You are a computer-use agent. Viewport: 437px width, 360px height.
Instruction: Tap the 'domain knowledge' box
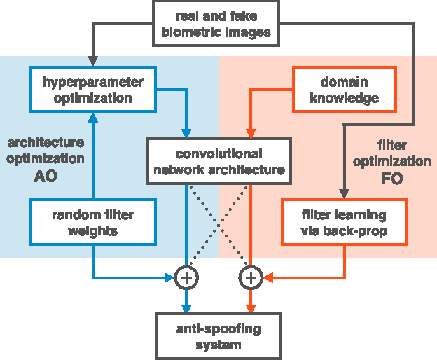pos(344,90)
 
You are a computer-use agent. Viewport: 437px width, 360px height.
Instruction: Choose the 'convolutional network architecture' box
pos(218,161)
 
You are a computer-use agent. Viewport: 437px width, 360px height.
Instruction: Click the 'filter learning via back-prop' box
pos(343,222)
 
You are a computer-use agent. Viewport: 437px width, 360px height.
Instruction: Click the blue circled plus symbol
pos(186,278)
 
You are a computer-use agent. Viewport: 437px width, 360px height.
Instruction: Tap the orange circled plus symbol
pos(250,278)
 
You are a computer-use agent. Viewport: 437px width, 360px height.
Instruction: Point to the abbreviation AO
pos(46,176)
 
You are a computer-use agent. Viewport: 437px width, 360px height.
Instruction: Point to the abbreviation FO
pos(392,179)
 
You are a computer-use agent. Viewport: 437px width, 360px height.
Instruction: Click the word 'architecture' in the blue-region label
pos(46,142)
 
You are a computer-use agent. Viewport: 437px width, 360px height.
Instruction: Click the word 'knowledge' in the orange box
pos(344,98)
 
